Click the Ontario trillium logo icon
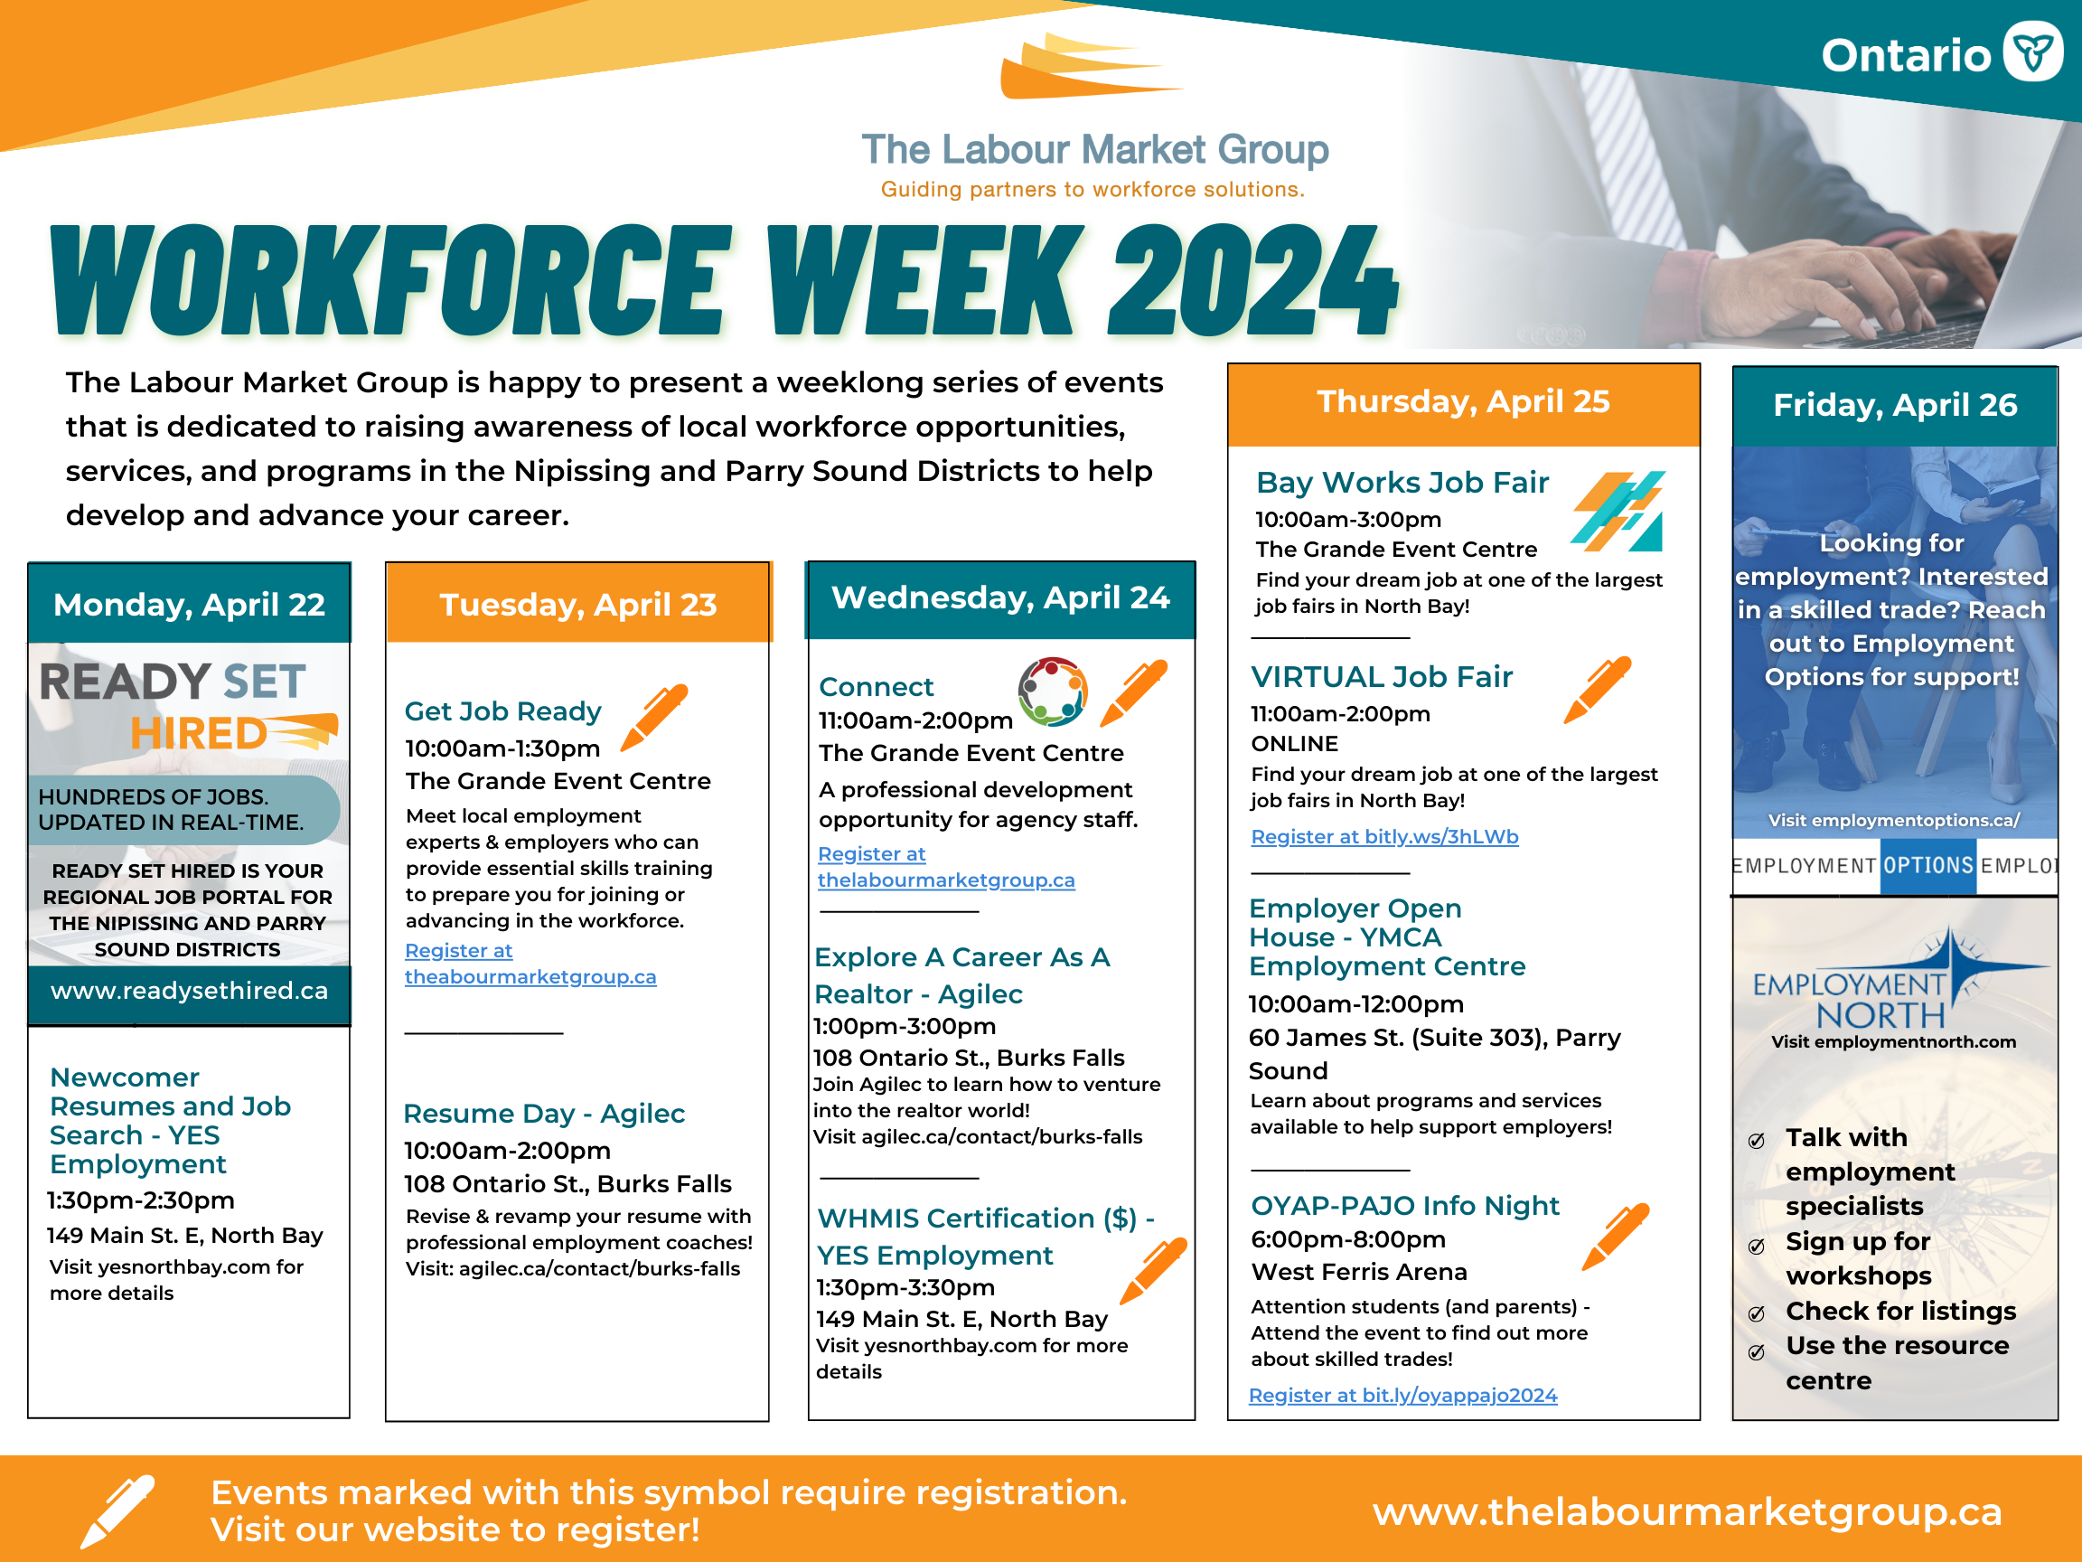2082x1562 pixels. [2032, 52]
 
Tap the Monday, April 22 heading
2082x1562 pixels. [189, 605]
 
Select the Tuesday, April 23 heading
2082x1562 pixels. [578, 605]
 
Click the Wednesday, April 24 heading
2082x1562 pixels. [1000, 598]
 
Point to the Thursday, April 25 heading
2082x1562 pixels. [1463, 402]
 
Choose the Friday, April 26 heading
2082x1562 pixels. [1895, 406]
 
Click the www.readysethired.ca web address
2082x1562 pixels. [189, 991]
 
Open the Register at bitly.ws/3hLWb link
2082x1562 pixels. [1384, 836]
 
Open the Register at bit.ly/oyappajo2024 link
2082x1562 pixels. [1402, 1396]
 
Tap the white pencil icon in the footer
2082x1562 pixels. [117, 1511]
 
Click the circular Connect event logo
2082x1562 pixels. [1052, 692]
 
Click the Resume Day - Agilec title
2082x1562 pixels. [544, 1114]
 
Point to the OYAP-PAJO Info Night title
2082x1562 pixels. [1404, 1206]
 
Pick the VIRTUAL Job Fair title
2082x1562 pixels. [1382, 677]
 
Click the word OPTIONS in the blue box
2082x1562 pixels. [1928, 865]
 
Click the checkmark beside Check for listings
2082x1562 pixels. [1757, 1314]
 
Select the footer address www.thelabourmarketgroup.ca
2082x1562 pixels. [1687, 1512]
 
